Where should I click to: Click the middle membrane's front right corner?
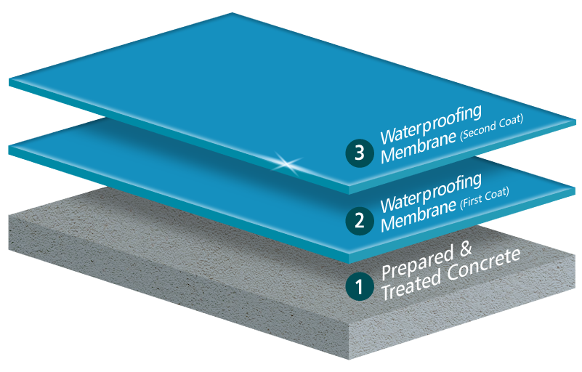pos(349,254)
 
